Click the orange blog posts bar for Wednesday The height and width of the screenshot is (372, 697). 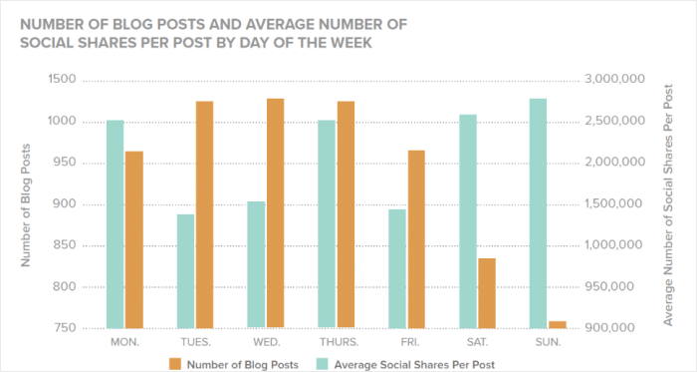pos(276,213)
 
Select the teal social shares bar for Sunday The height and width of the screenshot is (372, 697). pos(538,213)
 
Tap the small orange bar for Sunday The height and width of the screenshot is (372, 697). pos(557,324)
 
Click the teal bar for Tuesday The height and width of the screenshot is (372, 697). pos(186,270)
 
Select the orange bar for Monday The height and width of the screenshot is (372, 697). pos(134,239)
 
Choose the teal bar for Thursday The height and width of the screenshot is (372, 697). pos(327,223)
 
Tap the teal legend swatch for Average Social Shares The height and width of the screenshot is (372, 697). pos(324,362)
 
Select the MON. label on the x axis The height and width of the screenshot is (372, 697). pos(125,342)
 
